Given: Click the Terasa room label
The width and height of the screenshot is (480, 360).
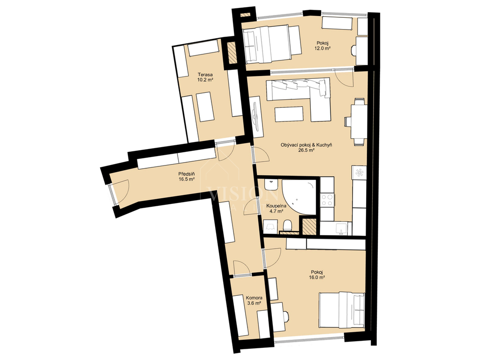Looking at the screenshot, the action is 205,75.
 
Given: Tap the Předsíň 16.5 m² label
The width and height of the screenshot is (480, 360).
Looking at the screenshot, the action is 187,177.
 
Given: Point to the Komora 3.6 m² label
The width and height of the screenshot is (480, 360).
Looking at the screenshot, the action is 254,300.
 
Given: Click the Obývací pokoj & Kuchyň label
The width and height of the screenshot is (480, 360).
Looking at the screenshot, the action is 307,145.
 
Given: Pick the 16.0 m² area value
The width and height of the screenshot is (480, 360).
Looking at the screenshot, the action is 317,277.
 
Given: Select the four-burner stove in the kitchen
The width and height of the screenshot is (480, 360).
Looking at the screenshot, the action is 327,200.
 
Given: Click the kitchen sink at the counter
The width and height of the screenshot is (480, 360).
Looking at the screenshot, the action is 341,228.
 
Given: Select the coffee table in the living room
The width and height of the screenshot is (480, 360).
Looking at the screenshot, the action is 289,114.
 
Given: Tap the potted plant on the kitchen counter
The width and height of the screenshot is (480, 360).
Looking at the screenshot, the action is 359,172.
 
